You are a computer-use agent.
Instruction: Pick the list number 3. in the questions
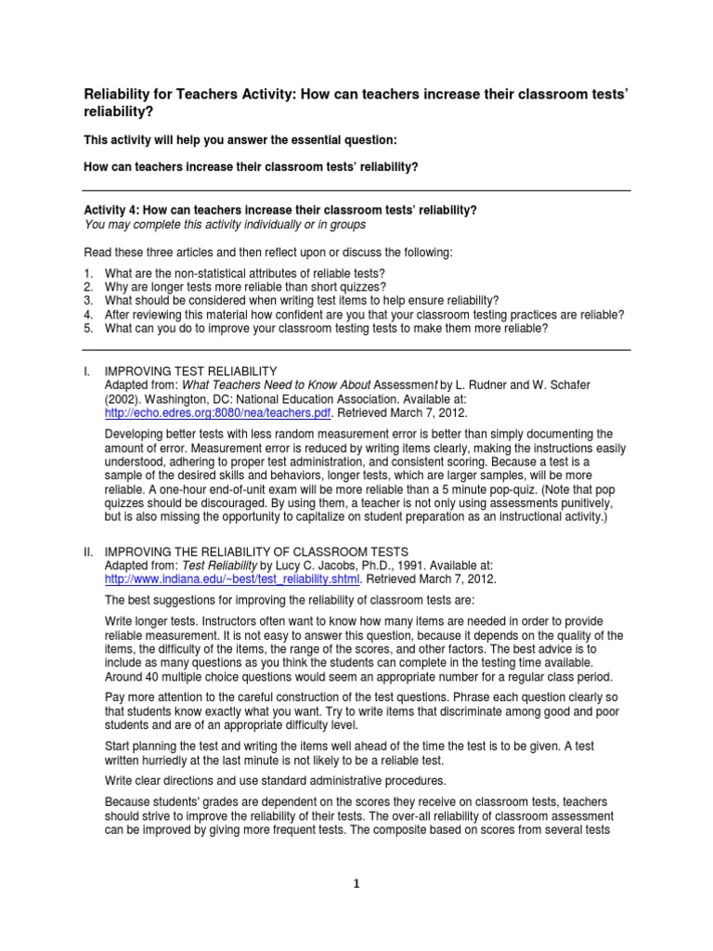(x=89, y=301)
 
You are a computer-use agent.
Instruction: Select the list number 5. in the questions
(x=89, y=328)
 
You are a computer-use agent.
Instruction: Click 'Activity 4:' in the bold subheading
(x=114, y=211)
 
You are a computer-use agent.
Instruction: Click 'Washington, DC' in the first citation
(x=192, y=399)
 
